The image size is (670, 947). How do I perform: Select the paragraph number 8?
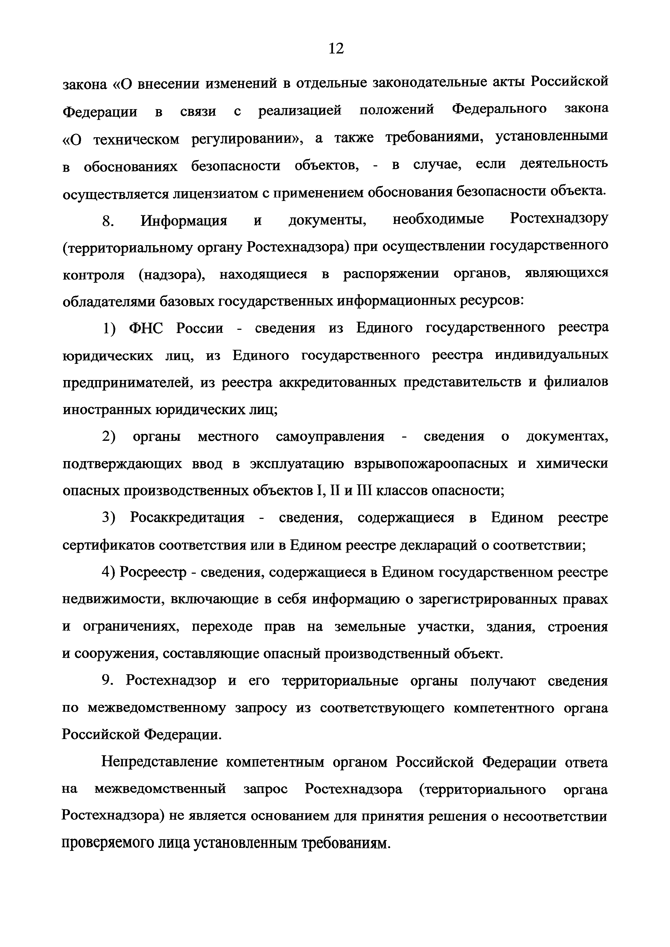pos(108,221)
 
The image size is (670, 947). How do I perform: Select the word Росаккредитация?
pos(187,518)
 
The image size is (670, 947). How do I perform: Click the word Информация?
pos(184,221)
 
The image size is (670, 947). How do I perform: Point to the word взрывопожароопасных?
pos(431,464)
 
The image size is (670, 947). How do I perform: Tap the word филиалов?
pos(576,382)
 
